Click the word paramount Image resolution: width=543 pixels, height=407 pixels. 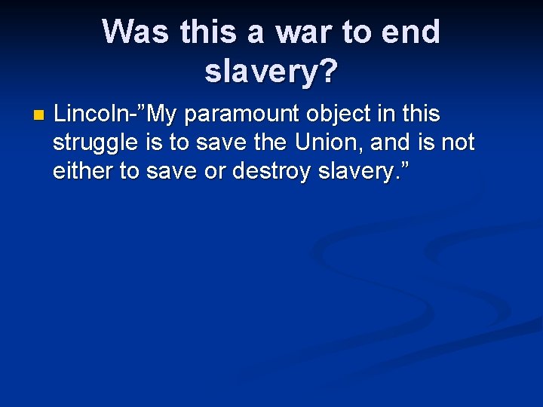point(241,115)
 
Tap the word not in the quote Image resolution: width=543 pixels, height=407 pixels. point(457,142)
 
